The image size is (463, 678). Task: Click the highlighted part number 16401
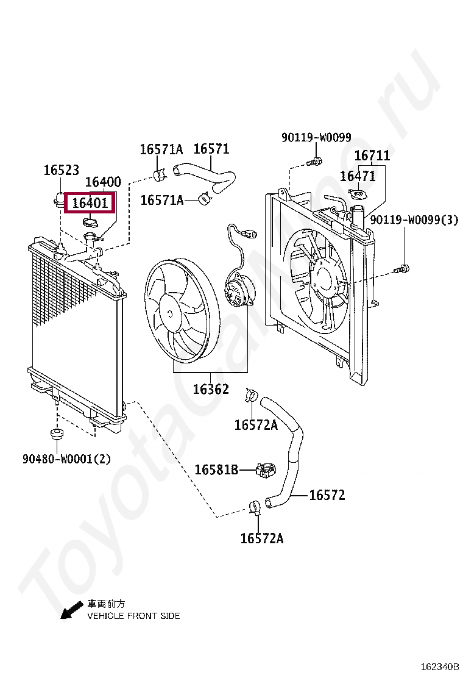pyautogui.click(x=90, y=203)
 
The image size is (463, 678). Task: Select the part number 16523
pyautogui.click(x=61, y=171)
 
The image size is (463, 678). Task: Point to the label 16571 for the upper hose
pyautogui.click(x=211, y=149)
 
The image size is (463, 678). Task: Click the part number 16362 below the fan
pyautogui.click(x=211, y=389)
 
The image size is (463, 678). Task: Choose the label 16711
pyautogui.click(x=372, y=156)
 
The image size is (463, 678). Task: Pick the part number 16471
pyautogui.click(x=358, y=176)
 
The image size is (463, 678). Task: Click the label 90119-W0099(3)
pyautogui.click(x=414, y=219)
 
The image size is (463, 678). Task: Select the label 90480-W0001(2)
pyautogui.click(x=67, y=459)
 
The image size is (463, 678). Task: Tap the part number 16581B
pyautogui.click(x=216, y=469)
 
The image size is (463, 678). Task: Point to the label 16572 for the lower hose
pyautogui.click(x=327, y=495)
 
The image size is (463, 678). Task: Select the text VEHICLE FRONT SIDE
pyautogui.click(x=133, y=616)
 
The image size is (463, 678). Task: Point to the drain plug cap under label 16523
pyautogui.click(x=59, y=198)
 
